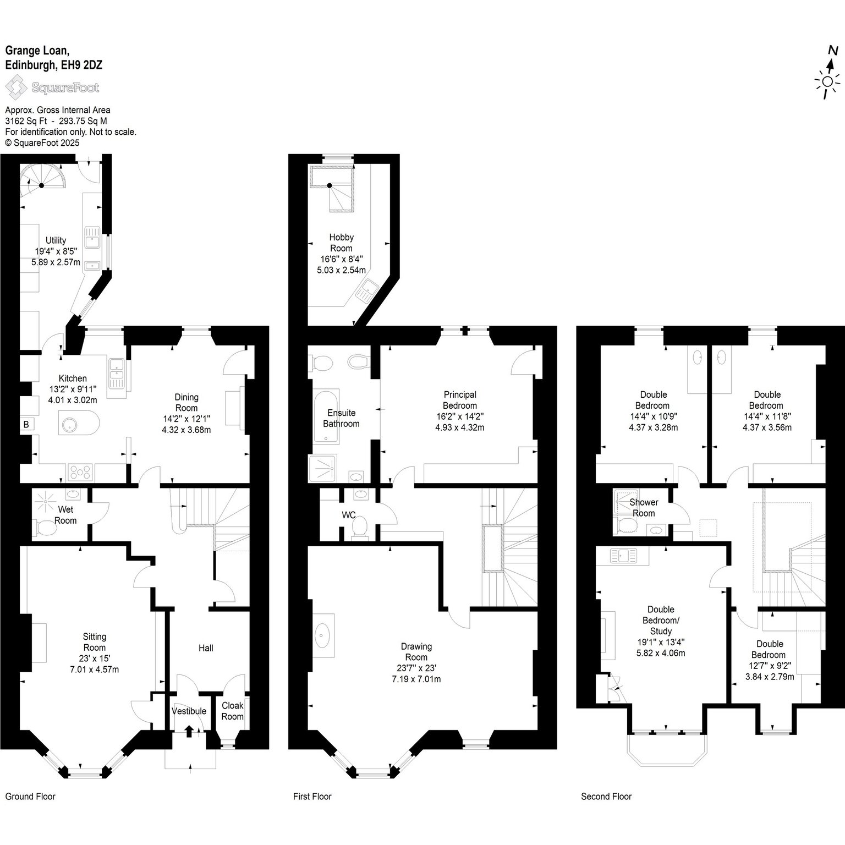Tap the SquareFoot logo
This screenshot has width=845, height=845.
[x=52, y=87]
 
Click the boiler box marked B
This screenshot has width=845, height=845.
[x=26, y=424]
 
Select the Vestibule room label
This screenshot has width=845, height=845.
[x=189, y=711]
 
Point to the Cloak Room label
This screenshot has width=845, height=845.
[x=233, y=711]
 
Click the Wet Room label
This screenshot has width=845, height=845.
[x=65, y=515]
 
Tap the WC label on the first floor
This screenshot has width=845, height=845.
[x=349, y=515]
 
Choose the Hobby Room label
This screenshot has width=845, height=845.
[x=341, y=243]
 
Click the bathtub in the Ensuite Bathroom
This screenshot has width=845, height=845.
[x=326, y=416]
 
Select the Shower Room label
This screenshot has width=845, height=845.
[x=644, y=508]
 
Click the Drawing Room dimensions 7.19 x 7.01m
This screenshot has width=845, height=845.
[x=416, y=679]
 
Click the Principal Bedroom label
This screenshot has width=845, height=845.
[x=460, y=400]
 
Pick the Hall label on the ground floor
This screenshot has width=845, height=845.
[x=206, y=648]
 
